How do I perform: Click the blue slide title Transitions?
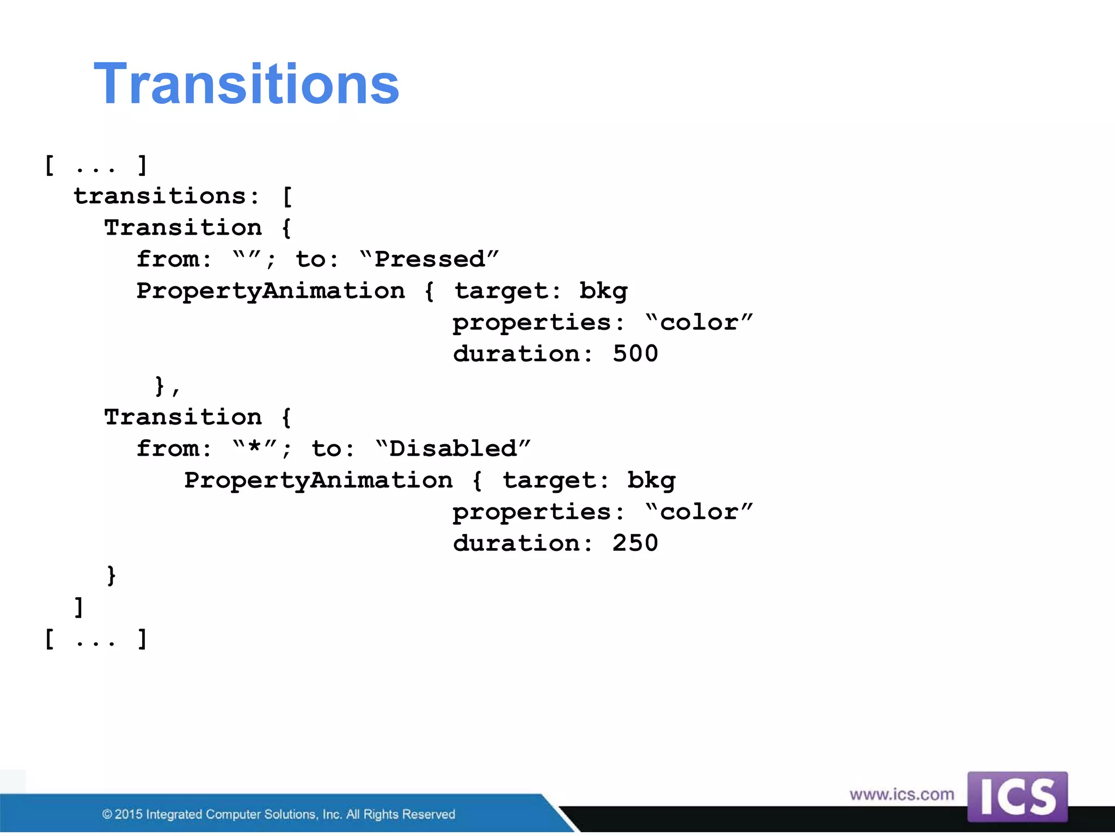pyautogui.click(x=247, y=84)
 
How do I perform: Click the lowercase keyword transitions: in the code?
pyautogui.click(x=167, y=196)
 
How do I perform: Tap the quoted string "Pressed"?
pyautogui.click(x=429, y=259)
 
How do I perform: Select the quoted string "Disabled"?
pyautogui.click(x=452, y=448)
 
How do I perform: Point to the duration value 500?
pyautogui.click(x=635, y=354)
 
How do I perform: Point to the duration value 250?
pyautogui.click(x=635, y=543)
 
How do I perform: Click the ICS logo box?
pyautogui.click(x=1017, y=796)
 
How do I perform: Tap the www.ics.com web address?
pyautogui.click(x=902, y=794)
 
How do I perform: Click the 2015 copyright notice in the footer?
pyautogui.click(x=278, y=814)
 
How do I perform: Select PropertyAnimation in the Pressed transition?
pyautogui.click(x=271, y=291)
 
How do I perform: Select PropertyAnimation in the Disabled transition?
pyautogui.click(x=318, y=480)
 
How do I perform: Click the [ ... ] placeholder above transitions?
pyautogui.click(x=96, y=165)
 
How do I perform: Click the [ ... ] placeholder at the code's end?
pyautogui.click(x=96, y=638)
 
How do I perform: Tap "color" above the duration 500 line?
pyautogui.click(x=699, y=322)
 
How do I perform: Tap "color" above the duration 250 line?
pyautogui.click(x=699, y=512)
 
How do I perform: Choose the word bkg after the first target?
pyautogui.click(x=603, y=291)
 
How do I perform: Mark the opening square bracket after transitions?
pyautogui.click(x=287, y=196)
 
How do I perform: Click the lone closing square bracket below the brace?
pyautogui.click(x=79, y=607)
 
